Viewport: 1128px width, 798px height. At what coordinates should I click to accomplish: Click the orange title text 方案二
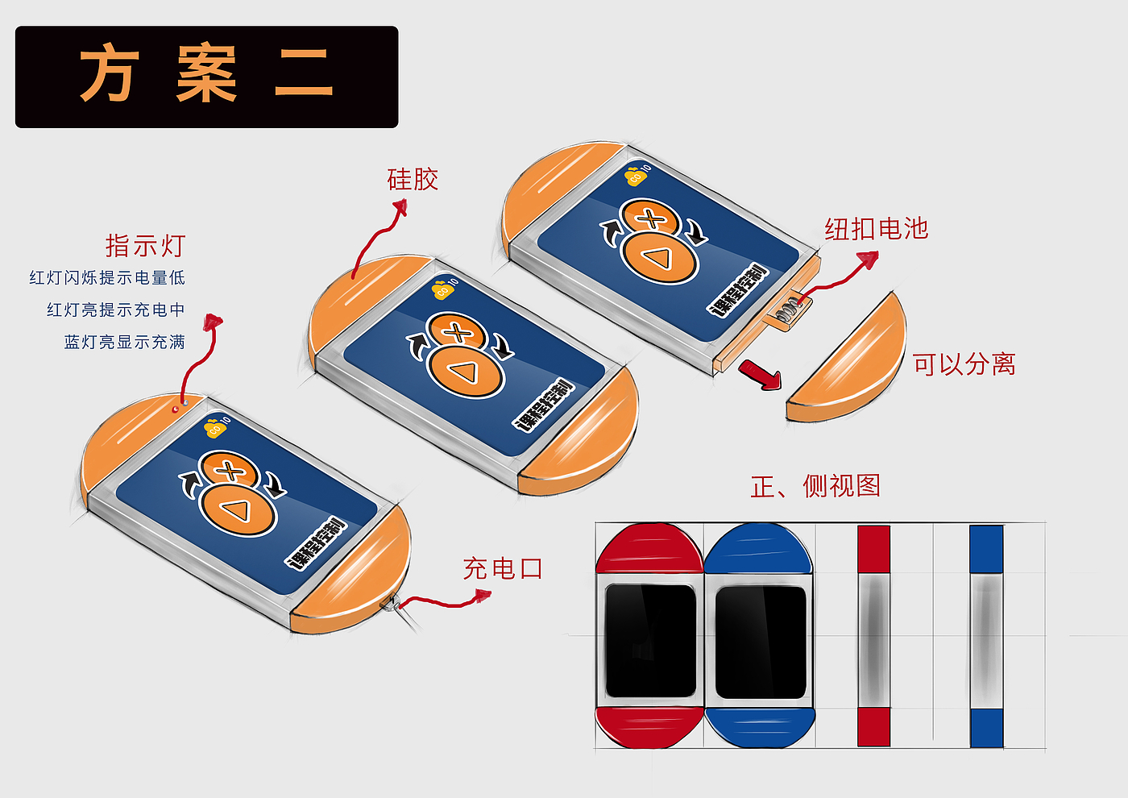coord(206,74)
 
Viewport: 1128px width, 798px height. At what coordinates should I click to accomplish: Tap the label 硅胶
coord(413,179)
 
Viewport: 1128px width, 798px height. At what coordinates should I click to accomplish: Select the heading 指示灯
coord(145,245)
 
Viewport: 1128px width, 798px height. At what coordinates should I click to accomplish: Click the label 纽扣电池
coord(876,229)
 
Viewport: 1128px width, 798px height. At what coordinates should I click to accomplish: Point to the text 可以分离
coord(964,364)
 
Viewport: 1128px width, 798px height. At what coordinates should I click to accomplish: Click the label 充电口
coord(503,569)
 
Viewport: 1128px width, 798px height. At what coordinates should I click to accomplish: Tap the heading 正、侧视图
coord(815,486)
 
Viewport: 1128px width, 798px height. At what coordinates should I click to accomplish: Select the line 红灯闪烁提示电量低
coord(107,278)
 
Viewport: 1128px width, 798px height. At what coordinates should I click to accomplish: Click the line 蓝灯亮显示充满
coord(125,343)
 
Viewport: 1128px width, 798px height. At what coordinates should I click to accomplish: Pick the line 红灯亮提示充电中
coord(116,310)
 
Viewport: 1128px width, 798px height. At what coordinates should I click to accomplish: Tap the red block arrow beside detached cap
coord(761,374)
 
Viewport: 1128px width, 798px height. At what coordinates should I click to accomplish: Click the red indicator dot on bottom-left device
coord(176,409)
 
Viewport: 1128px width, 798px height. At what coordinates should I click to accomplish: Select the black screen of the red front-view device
coord(650,641)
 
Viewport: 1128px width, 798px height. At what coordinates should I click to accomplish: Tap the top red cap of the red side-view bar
coord(873,549)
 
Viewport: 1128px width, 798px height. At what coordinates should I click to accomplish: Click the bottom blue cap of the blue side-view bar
coord(986,728)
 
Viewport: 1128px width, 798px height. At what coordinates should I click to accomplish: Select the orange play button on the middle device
coord(467,371)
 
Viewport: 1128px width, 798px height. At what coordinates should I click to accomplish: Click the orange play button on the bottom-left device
coord(238,509)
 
